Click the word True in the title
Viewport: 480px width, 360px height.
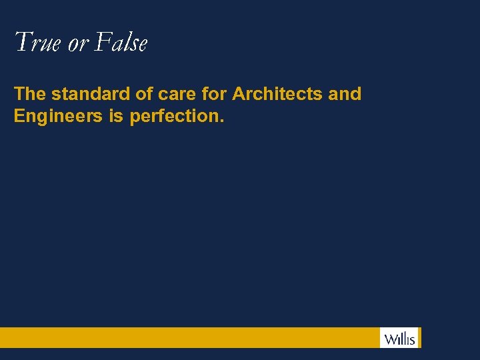tap(38, 43)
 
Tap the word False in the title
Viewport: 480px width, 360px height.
tap(121, 43)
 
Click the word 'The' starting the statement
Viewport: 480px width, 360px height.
tap(29, 94)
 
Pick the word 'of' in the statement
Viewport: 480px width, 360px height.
tap(145, 94)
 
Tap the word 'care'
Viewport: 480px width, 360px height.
tap(177, 95)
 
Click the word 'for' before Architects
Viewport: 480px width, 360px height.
tap(213, 94)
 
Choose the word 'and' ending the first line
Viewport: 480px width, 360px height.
tap(345, 94)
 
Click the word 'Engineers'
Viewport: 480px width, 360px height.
tap(58, 117)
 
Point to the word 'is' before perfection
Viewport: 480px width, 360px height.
tap(117, 116)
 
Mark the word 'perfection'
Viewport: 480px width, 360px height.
tap(175, 117)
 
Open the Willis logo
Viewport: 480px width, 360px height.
tap(399, 337)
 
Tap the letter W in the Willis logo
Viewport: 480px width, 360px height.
tap(389, 338)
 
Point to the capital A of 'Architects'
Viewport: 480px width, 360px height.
tap(239, 94)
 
